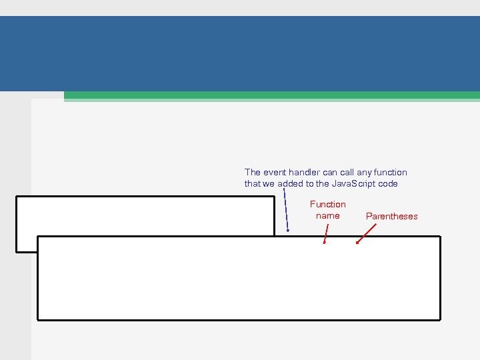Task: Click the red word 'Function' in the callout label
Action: click(328, 204)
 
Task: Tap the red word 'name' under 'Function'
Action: click(327, 215)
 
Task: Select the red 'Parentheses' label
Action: click(392, 216)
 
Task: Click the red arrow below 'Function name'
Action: click(326, 234)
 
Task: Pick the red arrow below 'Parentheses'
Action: click(366, 233)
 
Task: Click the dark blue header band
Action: click(240, 53)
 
